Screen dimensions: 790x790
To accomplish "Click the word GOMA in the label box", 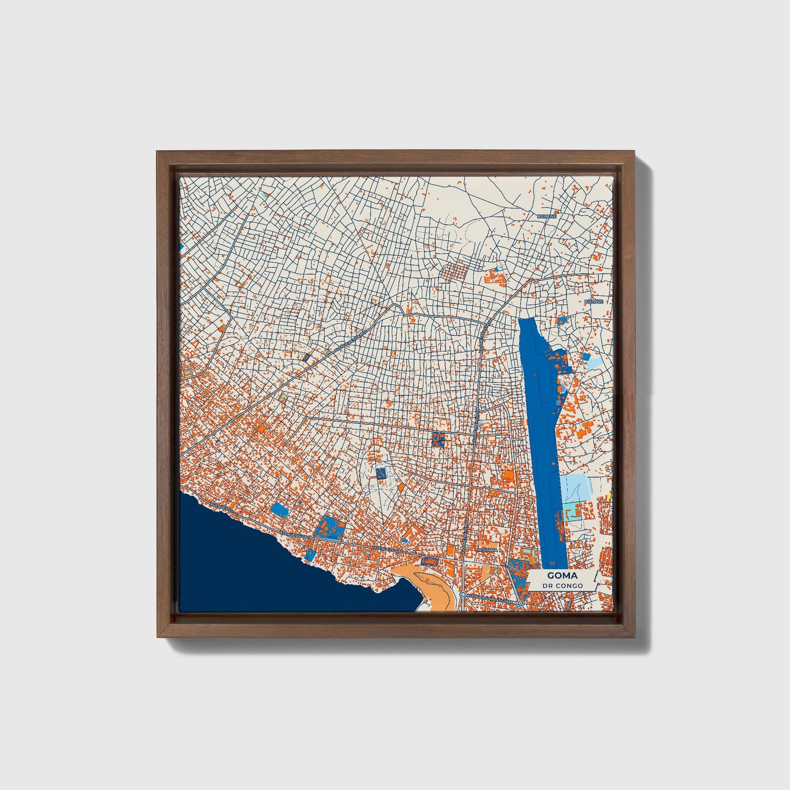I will [x=562, y=576].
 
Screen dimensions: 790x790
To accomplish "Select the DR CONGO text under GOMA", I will [x=562, y=586].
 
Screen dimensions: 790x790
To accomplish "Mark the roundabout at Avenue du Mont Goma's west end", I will [x=463, y=594].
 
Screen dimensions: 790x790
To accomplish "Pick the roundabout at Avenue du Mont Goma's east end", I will [x=521, y=602].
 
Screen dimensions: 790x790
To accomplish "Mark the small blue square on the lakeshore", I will [x=311, y=555].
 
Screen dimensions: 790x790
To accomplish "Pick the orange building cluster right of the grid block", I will [x=496, y=276].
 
